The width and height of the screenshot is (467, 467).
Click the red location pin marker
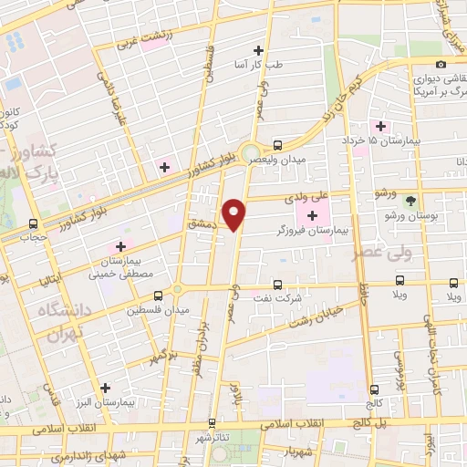point(235,213)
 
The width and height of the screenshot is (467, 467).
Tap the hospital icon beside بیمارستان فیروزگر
point(314,215)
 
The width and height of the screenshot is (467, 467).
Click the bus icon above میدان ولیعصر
point(277,145)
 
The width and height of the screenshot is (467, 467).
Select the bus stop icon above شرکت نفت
point(277,285)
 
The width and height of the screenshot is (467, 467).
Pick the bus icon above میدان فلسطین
point(159,296)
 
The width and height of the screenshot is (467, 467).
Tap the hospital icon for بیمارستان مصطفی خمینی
point(119,246)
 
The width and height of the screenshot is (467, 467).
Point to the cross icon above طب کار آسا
point(258,50)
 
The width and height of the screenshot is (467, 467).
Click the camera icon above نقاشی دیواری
point(441,64)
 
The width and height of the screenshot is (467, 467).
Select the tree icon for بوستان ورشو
point(410,200)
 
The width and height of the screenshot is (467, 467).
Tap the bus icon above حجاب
point(34,223)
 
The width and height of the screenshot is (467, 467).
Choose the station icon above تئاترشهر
point(212,422)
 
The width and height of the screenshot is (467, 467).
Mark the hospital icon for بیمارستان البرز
point(106,389)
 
